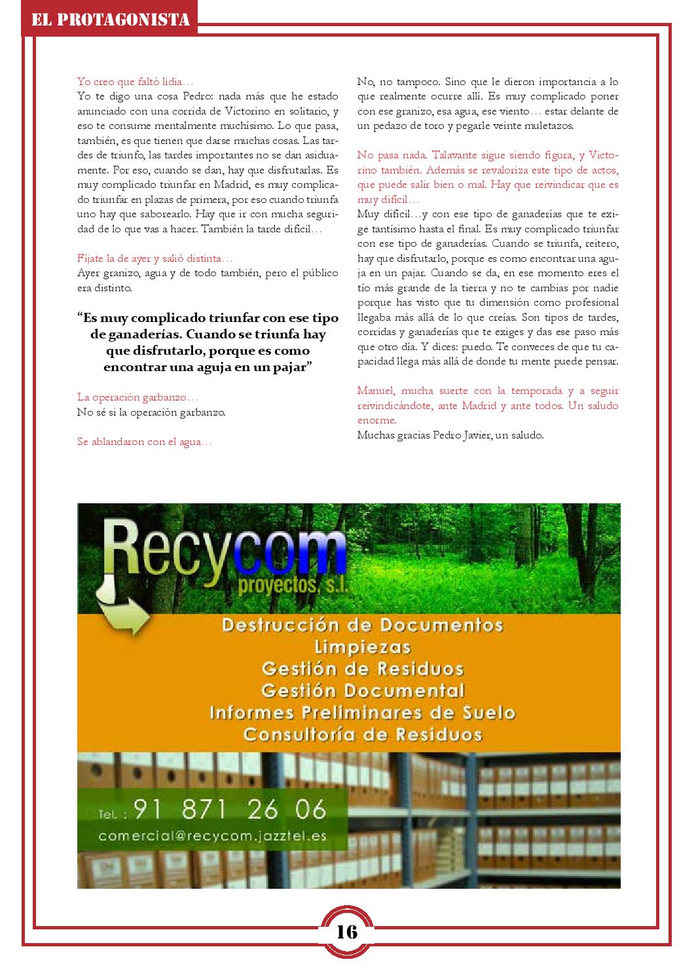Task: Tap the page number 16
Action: pyautogui.click(x=347, y=931)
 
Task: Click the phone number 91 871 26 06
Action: pyautogui.click(x=229, y=810)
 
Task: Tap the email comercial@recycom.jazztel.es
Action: pyautogui.click(x=213, y=836)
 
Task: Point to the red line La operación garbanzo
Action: pyautogui.click(x=137, y=397)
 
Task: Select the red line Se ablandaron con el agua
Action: pyautogui.click(x=145, y=442)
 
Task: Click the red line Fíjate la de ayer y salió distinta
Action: pyautogui.click(x=155, y=259)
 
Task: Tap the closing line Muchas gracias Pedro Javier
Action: pyautogui.click(x=450, y=435)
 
